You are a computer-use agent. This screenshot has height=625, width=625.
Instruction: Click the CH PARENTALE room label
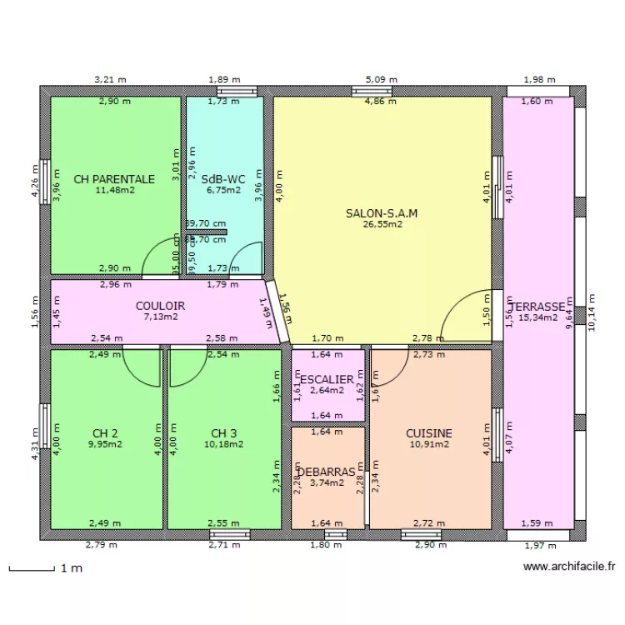coord(114,178)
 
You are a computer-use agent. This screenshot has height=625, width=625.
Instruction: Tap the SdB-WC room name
coord(222,178)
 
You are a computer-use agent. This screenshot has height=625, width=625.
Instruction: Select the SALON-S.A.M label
coord(382,212)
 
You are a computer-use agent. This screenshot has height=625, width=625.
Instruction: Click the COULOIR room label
coord(160,306)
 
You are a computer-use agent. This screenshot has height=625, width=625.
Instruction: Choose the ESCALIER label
coord(327,379)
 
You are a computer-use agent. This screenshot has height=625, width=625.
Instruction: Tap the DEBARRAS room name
coord(327,471)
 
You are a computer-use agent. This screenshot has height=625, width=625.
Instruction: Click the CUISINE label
coord(429,433)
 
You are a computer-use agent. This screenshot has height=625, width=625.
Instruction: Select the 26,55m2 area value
coord(382,223)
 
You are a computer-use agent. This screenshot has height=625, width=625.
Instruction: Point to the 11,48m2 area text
coord(115,190)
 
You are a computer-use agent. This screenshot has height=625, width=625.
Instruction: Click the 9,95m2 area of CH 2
coord(105,444)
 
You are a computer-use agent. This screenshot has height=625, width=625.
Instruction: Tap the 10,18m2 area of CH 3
coord(223,444)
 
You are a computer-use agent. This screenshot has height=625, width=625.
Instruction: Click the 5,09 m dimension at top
coord(381,80)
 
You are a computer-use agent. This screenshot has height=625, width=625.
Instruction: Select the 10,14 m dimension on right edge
coord(592,312)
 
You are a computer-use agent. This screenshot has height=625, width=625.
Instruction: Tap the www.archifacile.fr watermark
coord(569,567)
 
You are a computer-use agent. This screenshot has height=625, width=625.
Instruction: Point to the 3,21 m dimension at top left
coord(110,80)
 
